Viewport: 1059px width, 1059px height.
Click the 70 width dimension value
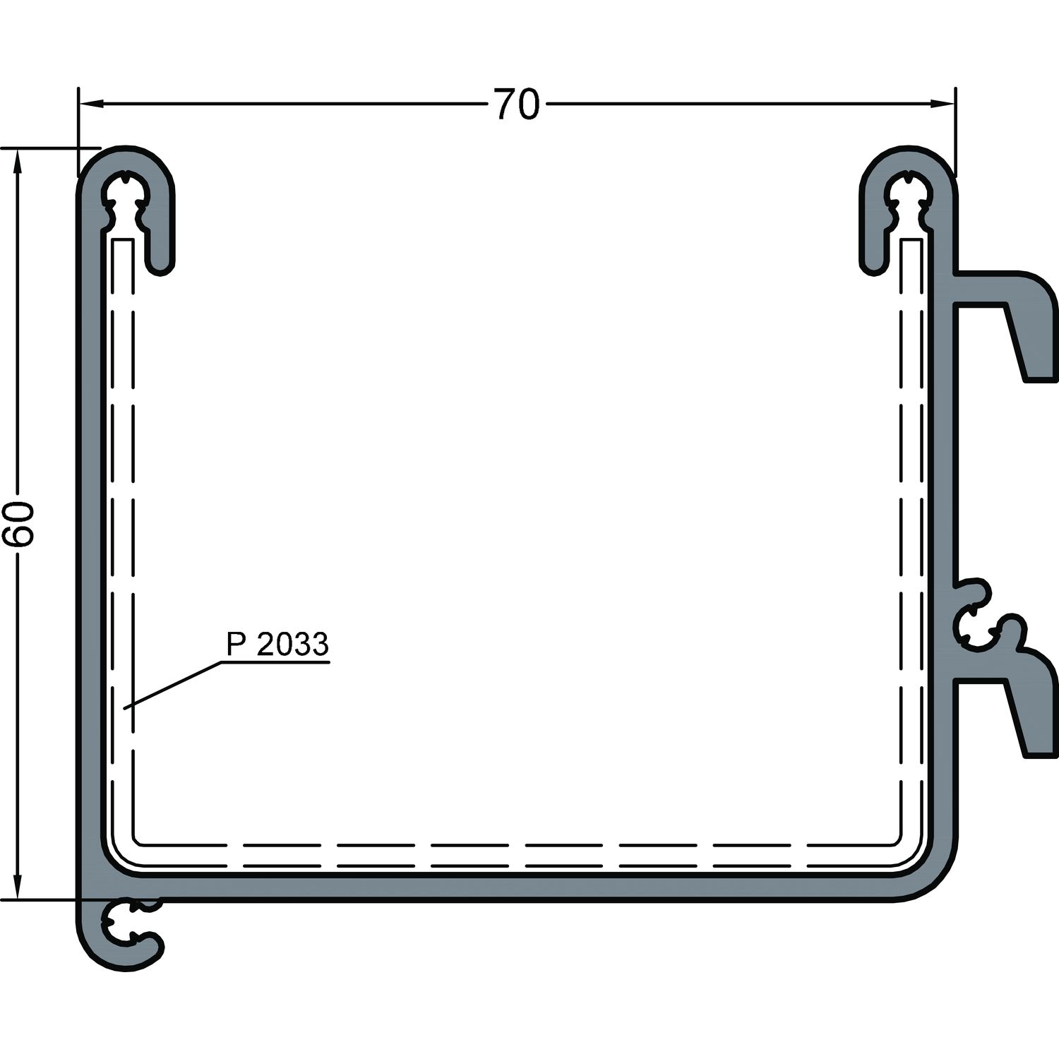pyautogui.click(x=516, y=104)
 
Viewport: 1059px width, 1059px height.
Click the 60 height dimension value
pyautogui.click(x=18, y=524)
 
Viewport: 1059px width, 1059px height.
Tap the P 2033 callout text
pyautogui.click(x=277, y=644)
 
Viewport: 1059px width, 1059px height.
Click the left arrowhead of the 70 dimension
pyautogui.click(x=91, y=104)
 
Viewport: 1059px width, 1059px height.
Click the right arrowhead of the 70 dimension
pyautogui.click(x=942, y=104)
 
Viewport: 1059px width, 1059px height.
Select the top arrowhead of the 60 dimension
pyautogui.click(x=18, y=162)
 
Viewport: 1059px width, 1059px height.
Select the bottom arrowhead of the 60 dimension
pyautogui.click(x=18, y=886)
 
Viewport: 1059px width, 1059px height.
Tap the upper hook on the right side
pyautogui.click(x=1017, y=318)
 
